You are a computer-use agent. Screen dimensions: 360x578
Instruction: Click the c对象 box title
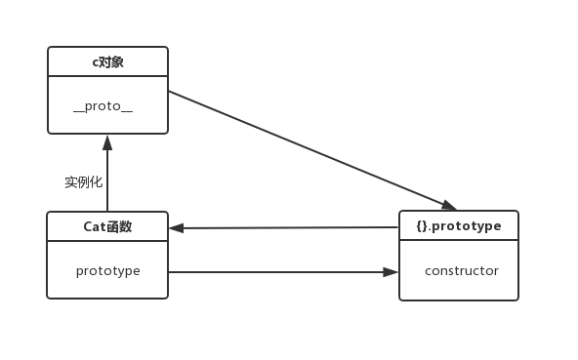tap(107, 62)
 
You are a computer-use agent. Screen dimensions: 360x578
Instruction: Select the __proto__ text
tap(103, 106)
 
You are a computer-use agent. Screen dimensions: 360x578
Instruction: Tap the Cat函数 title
tap(107, 227)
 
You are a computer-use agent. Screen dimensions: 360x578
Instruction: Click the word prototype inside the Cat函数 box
tap(107, 271)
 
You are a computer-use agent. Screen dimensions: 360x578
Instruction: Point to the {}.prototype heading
tap(458, 226)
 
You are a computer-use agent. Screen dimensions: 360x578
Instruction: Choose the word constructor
tap(461, 271)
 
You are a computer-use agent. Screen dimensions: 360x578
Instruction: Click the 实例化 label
tap(83, 181)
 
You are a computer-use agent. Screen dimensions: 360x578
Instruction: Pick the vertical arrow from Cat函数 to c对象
tap(107, 176)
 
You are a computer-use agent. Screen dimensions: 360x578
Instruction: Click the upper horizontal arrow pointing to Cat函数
tap(283, 228)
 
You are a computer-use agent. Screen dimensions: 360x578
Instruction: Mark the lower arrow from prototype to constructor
tap(283, 272)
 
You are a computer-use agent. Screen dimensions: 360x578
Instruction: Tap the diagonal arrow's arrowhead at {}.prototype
tap(449, 205)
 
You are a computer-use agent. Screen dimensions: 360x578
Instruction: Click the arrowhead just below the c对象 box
tap(107, 140)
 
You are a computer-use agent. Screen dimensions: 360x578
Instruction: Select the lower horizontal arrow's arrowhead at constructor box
tap(392, 272)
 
